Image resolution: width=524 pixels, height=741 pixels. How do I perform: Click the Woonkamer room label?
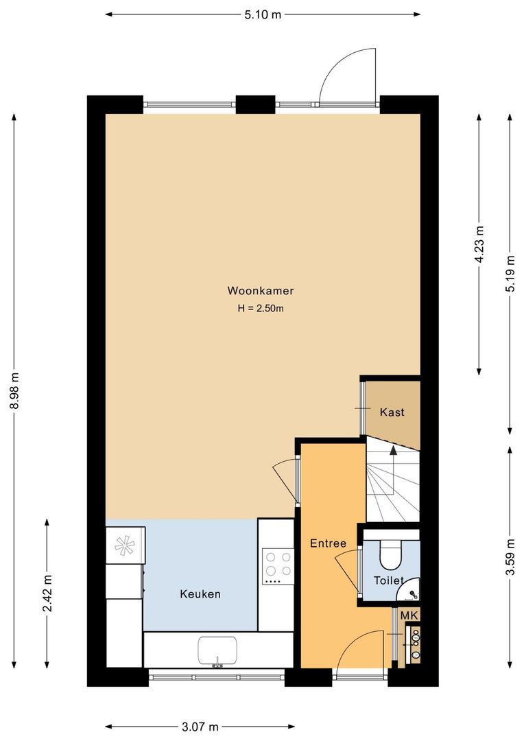pyautogui.click(x=261, y=291)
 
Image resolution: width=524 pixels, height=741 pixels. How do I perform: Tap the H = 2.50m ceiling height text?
pyautogui.click(x=261, y=309)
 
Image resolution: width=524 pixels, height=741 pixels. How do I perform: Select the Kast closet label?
pyautogui.click(x=392, y=412)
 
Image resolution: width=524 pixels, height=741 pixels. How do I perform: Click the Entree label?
pyautogui.click(x=328, y=543)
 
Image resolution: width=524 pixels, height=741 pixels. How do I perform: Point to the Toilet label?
pyautogui.click(x=388, y=580)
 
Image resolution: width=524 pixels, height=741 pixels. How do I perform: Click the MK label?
pyautogui.click(x=409, y=615)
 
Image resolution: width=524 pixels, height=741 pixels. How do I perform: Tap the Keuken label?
pyautogui.click(x=200, y=594)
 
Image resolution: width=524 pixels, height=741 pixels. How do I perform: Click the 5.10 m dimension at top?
pyautogui.click(x=263, y=14)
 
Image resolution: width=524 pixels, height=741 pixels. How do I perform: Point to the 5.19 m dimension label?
pyautogui.click(x=510, y=274)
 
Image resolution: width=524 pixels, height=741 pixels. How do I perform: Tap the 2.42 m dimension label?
pyautogui.click(x=47, y=593)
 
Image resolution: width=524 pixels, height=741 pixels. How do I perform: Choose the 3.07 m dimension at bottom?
pyautogui.click(x=200, y=727)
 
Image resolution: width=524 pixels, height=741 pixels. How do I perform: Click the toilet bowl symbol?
pyautogui.click(x=391, y=557)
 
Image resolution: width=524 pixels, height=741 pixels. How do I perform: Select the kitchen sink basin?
pyautogui.click(x=217, y=650)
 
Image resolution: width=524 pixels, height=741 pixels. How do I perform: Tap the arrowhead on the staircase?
pyautogui.click(x=393, y=449)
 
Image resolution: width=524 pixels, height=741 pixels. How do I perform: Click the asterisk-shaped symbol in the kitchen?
pyautogui.click(x=125, y=545)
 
